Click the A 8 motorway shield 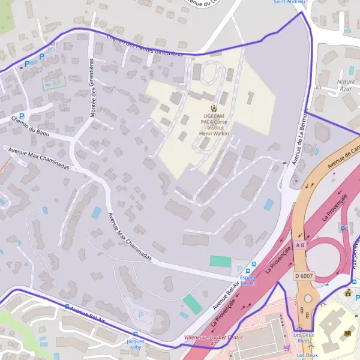[300, 245]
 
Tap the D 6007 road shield [304, 276]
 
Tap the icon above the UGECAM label [207, 107]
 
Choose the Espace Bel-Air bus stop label [248, 280]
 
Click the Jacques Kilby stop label [135, 344]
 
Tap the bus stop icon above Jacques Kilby [135, 334]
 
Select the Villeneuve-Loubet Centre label [213, 337]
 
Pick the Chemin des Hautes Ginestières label [144, 46]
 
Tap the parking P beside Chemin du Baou [22, 116]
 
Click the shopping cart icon [287, 347]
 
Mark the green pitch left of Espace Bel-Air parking [220, 262]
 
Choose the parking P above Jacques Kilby [142, 315]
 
